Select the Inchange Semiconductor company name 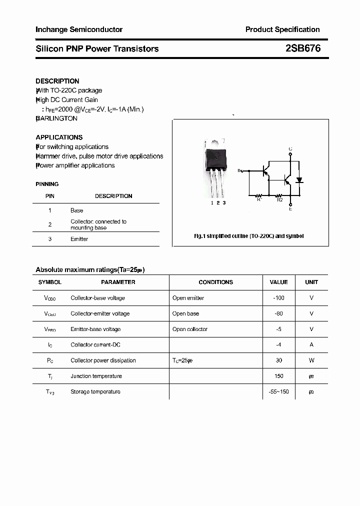pos(79,29)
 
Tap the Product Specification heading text pos(282,29)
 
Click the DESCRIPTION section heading pos(57,81)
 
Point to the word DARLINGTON pos(57,118)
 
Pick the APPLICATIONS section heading pos(59,137)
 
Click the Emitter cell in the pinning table pos(79,239)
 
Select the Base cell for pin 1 pos(76,210)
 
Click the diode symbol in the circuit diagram pos(299,180)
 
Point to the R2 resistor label pos(280,200)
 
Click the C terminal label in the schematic pos(290,149)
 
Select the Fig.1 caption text pos(248,236)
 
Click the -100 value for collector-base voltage pos(278,298)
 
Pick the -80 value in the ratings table pos(278,313)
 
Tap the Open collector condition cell pos(190,329)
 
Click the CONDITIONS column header pos(215,282)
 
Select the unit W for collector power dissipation pos(311,360)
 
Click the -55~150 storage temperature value pos(278,391)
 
